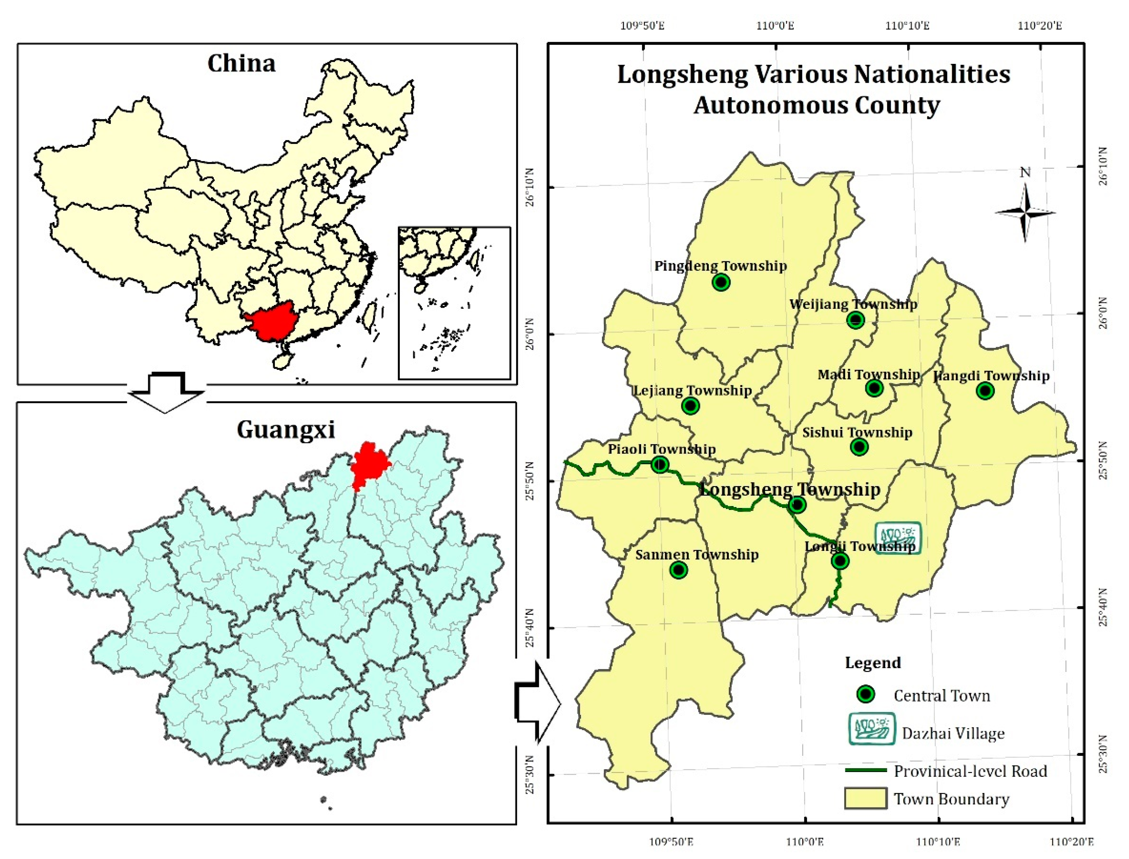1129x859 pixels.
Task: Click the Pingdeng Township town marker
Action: click(721, 282)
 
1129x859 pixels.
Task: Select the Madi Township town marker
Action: click(874, 388)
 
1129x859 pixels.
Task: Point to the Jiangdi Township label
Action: click(991, 376)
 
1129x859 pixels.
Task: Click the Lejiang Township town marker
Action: click(691, 406)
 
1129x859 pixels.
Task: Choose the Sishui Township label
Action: click(857, 433)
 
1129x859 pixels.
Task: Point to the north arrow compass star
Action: click(1025, 212)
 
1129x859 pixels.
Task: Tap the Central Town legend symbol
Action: click(866, 694)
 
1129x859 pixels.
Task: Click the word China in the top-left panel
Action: click(242, 64)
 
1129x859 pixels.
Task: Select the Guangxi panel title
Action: click(285, 429)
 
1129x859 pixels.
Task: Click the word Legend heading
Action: click(873, 662)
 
